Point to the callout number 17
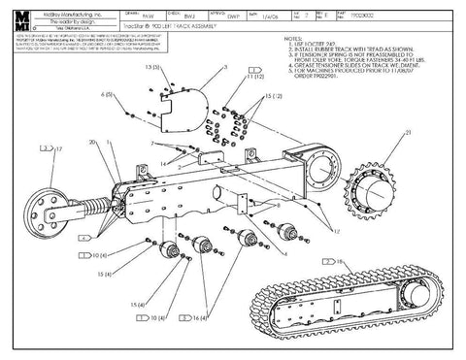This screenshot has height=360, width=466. pos(57,148)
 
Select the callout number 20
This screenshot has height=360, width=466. pos(91,143)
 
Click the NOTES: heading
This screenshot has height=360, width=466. pos(290,39)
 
